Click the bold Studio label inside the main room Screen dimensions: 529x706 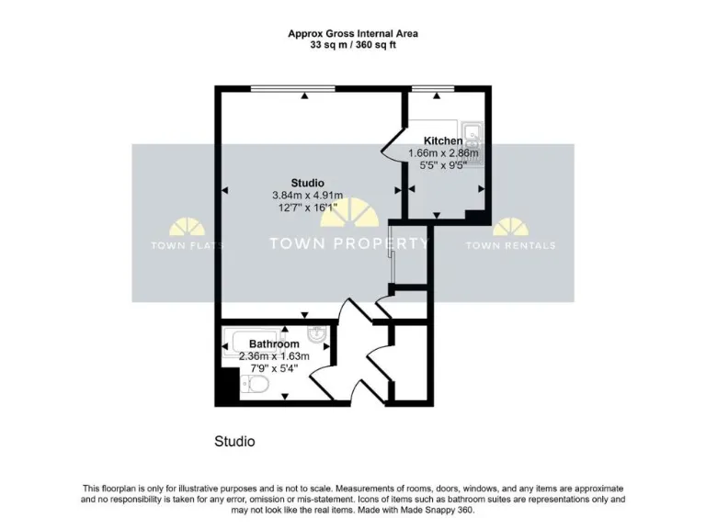[x=307, y=182]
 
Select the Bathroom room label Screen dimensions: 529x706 [x=274, y=344]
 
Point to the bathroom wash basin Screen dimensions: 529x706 [x=315, y=333]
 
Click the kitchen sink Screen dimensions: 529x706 [x=473, y=135]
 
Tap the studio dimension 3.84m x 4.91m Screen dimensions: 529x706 [x=307, y=195]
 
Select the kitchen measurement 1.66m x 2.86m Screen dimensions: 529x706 [x=443, y=153]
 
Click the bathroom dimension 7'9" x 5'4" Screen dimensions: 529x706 [x=274, y=369]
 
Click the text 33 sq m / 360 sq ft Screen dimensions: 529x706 [x=353, y=45]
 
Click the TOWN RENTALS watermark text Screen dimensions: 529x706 [x=510, y=245]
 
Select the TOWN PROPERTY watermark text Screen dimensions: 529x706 [x=348, y=243]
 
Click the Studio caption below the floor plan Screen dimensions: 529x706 [x=234, y=442]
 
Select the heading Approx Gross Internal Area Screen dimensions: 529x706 [x=353, y=33]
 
